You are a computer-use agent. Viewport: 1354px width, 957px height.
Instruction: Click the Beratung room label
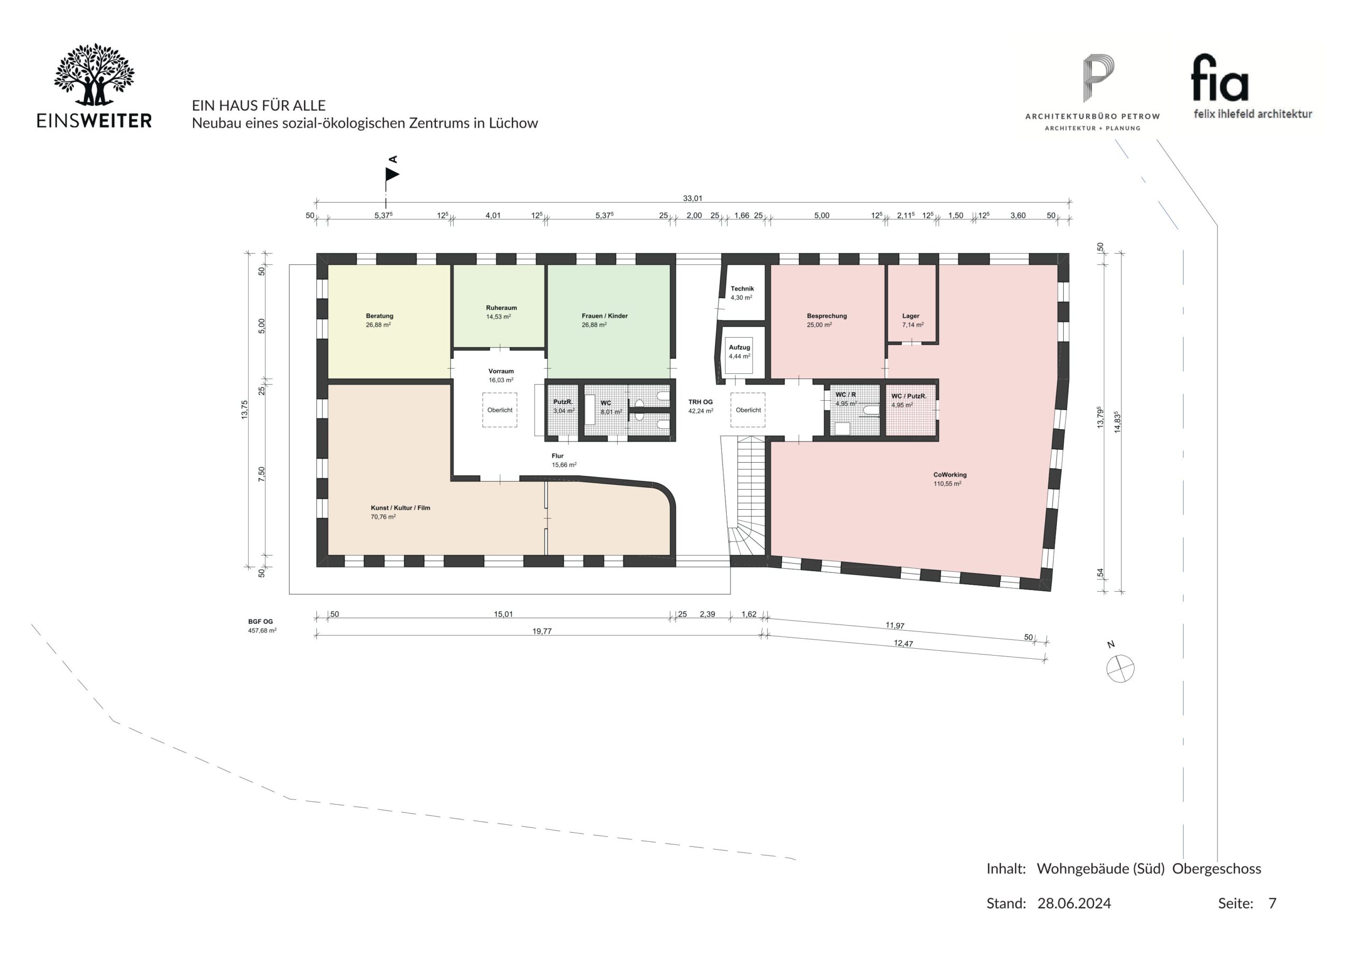[379, 316]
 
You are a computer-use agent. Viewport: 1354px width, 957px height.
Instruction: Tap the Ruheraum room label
[501, 308]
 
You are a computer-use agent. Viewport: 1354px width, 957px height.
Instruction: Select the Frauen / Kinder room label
[605, 316]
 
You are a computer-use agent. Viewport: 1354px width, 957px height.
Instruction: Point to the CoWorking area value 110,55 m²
[947, 483]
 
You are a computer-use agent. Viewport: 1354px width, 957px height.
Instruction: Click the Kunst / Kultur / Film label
[400, 508]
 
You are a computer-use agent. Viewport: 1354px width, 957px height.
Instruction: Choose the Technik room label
[742, 289]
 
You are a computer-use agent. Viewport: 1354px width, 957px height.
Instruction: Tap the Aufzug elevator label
[739, 347]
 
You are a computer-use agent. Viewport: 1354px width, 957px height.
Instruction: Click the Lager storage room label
[911, 316]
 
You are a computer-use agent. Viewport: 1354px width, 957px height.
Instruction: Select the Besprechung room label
[827, 316]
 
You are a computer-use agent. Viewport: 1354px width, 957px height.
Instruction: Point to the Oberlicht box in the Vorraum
[499, 410]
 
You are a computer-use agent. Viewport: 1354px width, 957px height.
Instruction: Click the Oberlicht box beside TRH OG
[748, 410]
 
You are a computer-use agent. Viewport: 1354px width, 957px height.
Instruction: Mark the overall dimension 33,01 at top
[692, 198]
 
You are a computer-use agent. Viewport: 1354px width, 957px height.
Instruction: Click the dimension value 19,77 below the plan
[542, 631]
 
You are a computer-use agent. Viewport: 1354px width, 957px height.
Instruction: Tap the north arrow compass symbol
[1120, 669]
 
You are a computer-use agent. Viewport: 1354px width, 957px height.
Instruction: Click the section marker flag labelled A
[392, 174]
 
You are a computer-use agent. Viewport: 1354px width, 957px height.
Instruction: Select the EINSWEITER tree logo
[94, 75]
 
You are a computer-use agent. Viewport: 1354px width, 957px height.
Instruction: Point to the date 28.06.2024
[1074, 904]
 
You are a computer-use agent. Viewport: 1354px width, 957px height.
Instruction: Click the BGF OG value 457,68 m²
[262, 630]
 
